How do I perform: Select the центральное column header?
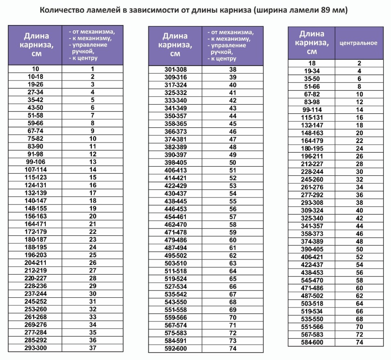tap(358, 43)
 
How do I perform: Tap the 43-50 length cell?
tap(35, 108)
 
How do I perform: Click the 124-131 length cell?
tap(35, 185)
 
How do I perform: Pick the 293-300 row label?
tap(35, 348)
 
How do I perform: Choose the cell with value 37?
tap(93, 348)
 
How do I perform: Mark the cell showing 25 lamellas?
tap(93, 255)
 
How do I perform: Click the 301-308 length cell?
tap(175, 69)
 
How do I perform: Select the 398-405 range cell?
tap(175, 162)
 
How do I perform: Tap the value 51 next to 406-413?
tap(232, 170)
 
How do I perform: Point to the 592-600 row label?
tap(175, 348)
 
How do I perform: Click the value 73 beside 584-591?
tap(232, 340)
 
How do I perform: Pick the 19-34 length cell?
tap(312, 71)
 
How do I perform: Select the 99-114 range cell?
tap(312, 110)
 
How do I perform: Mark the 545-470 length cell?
tap(312, 280)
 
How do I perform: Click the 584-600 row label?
tap(312, 342)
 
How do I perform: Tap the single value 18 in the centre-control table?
tap(312, 63)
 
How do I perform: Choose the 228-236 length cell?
tap(35, 286)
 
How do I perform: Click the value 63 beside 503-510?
tap(232, 263)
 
